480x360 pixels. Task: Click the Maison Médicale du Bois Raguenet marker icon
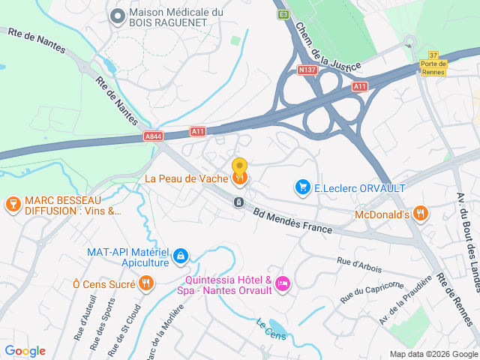point(117,15)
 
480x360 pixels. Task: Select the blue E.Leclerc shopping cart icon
point(303,186)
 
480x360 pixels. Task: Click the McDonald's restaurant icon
point(421,214)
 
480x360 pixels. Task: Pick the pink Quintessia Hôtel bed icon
point(283,283)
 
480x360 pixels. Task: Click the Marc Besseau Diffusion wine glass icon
point(13,203)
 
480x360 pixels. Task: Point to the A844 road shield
point(154,136)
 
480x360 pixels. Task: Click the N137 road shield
point(308,70)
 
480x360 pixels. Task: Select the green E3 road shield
point(283,14)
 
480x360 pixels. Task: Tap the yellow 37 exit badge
point(433,54)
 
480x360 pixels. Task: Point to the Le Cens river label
point(271,329)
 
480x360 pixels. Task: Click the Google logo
point(25,351)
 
